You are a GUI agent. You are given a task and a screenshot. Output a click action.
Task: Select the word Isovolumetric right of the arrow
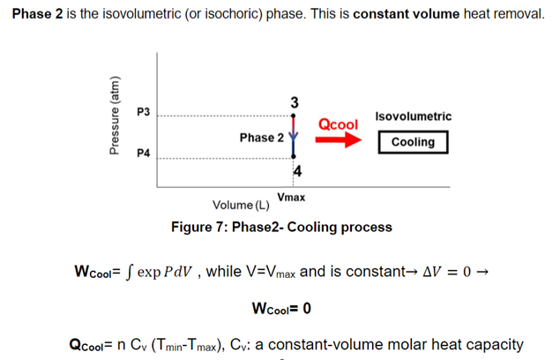click(413, 116)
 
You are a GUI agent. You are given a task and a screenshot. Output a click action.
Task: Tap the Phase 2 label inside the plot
click(262, 138)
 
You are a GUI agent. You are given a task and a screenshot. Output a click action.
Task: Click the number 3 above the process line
click(293, 100)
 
